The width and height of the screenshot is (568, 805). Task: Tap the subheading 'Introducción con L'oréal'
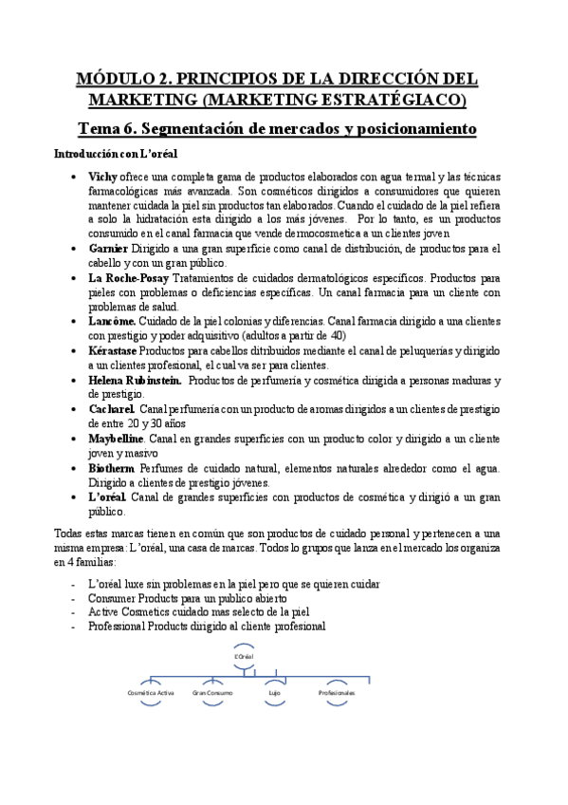(x=101, y=153)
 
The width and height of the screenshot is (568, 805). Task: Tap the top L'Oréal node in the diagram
(x=244, y=656)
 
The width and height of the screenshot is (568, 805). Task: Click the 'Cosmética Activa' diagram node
(x=150, y=694)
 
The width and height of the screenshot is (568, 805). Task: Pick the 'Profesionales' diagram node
(x=337, y=694)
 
